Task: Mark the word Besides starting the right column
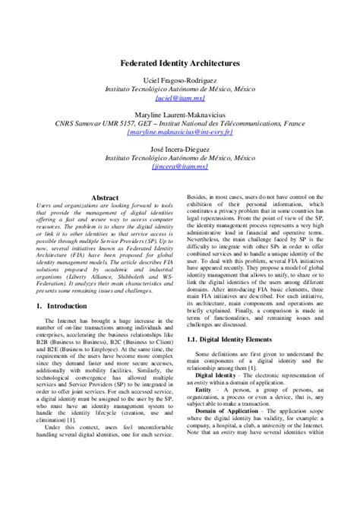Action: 197,197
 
